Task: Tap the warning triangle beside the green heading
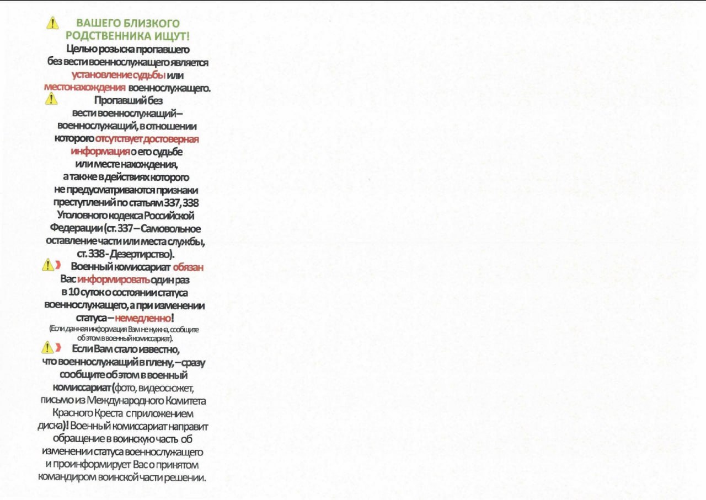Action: [52, 23]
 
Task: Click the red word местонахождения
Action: [84, 87]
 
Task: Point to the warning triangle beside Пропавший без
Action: [51, 99]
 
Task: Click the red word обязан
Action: [188, 267]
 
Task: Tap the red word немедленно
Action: [144, 318]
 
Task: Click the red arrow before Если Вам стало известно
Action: [58, 348]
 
